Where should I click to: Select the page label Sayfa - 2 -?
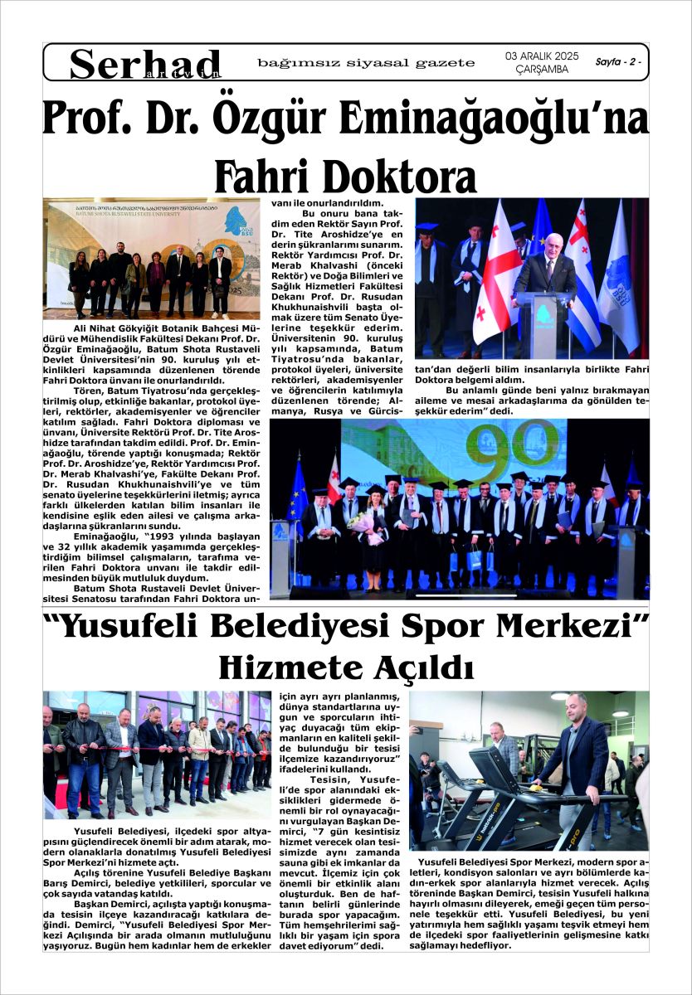click(618, 62)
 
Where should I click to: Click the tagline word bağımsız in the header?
click(290, 63)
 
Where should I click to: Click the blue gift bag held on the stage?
click(475, 558)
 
